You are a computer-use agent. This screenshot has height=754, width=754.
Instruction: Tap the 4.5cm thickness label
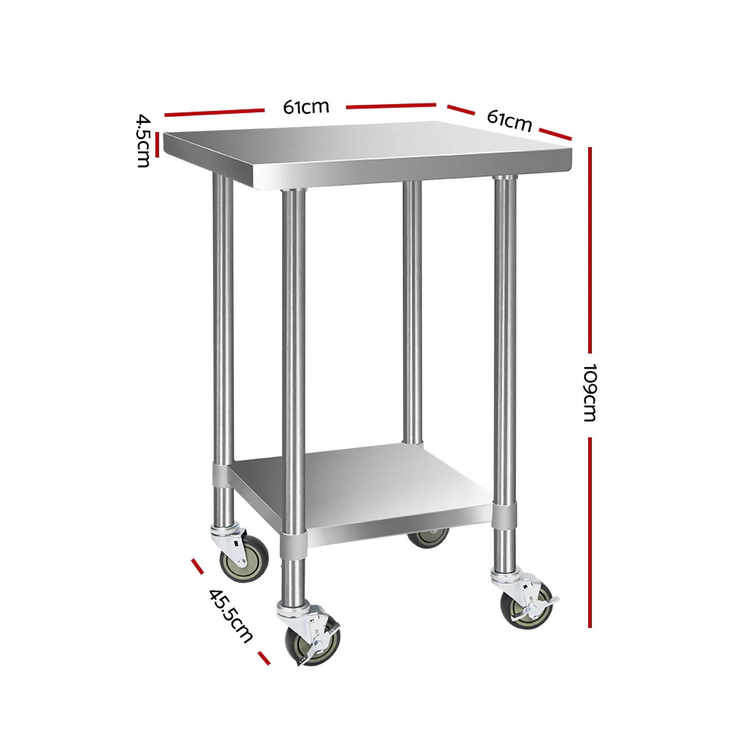click(143, 140)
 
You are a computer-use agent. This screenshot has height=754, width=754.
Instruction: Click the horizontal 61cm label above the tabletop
click(306, 107)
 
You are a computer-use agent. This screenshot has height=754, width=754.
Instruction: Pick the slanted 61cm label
click(510, 120)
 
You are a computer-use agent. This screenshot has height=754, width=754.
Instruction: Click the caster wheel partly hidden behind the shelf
click(428, 536)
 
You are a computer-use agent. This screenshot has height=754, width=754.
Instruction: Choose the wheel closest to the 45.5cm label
click(311, 643)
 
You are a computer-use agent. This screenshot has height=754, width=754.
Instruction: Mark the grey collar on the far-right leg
click(505, 516)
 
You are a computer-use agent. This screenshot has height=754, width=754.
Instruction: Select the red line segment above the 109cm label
click(590, 249)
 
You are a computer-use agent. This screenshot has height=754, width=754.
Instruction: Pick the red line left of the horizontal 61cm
click(213, 112)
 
